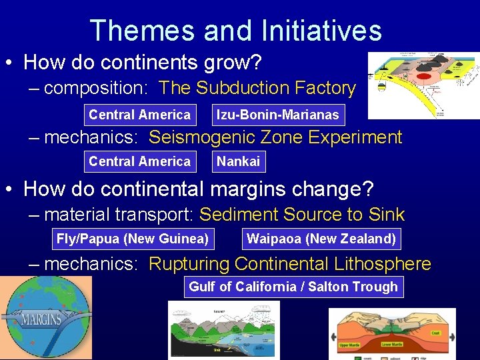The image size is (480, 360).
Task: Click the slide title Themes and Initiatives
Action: [235, 31]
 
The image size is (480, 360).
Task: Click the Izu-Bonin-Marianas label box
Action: [277, 115]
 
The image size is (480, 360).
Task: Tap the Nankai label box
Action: [238, 161]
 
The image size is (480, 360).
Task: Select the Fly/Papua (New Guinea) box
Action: [132, 239]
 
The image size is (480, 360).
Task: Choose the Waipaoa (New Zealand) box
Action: [321, 239]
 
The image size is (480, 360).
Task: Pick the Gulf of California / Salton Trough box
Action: [293, 287]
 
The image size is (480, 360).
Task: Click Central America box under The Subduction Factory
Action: [139, 115]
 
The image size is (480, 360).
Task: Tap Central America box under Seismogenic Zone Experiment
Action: [139, 161]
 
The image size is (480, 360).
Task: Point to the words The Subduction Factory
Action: [257, 88]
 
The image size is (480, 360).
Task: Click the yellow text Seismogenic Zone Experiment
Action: [275, 137]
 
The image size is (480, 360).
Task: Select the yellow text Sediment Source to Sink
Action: [302, 215]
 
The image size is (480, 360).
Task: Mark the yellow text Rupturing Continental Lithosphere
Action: [289, 264]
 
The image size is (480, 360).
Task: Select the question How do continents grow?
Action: [142, 63]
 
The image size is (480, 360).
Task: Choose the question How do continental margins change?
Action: [198, 189]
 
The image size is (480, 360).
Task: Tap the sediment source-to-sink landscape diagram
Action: [223, 330]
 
